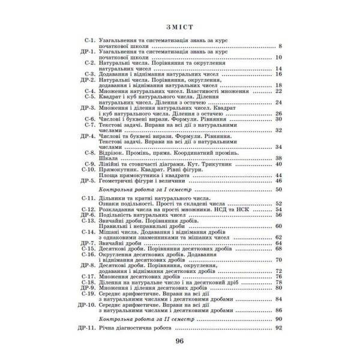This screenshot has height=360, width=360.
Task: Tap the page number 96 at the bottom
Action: [x=180, y=343]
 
